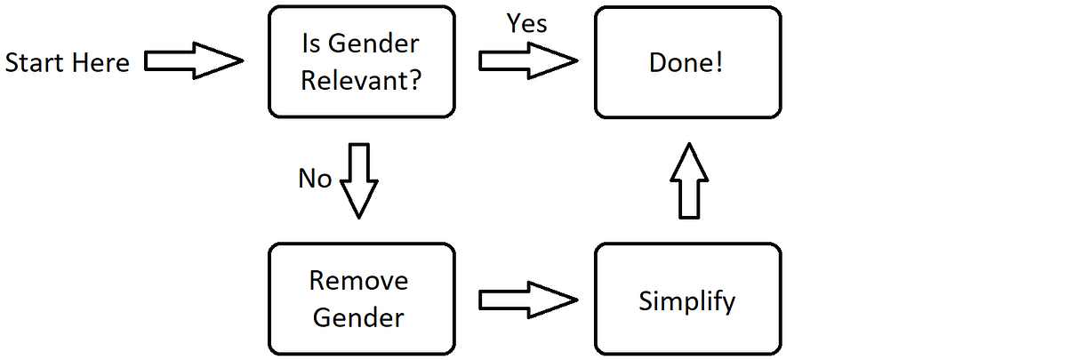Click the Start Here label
pos(68,63)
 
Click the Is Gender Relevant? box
pos(361,62)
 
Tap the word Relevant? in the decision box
pos(361,80)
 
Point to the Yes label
pos(526,24)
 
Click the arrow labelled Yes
pos(528,61)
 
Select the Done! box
pos(688,62)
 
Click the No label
pos(315,180)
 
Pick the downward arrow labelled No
pos(360,180)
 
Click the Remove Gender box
pos(361,299)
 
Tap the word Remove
pos(359,281)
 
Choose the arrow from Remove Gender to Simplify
pos(528,299)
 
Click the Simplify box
pos(688,299)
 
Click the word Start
pos(34,63)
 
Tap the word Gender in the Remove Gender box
pos(359,317)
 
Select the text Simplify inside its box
pos(687,300)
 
